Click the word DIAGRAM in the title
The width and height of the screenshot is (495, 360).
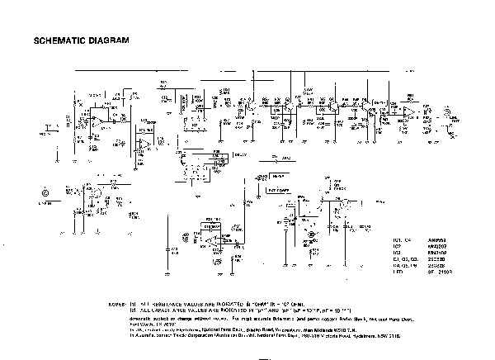(x=110, y=40)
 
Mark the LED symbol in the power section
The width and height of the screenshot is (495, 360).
(x=310, y=234)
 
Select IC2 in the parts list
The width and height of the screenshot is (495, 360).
(x=397, y=245)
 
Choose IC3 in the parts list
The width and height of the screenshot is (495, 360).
(x=397, y=251)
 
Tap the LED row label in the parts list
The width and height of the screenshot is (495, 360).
(x=397, y=271)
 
